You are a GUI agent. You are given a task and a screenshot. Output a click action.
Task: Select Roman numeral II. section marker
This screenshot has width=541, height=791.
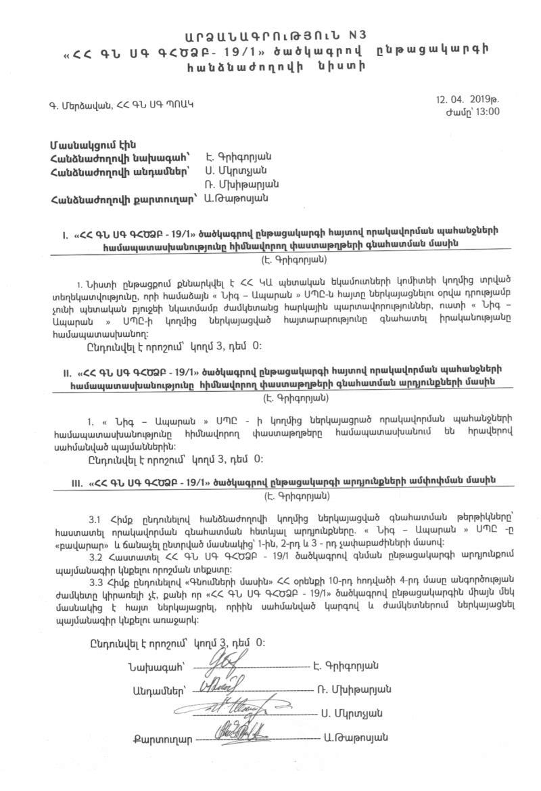click(x=67, y=372)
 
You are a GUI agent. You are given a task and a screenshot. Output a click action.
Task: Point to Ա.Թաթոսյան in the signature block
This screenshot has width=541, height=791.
click(x=356, y=738)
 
